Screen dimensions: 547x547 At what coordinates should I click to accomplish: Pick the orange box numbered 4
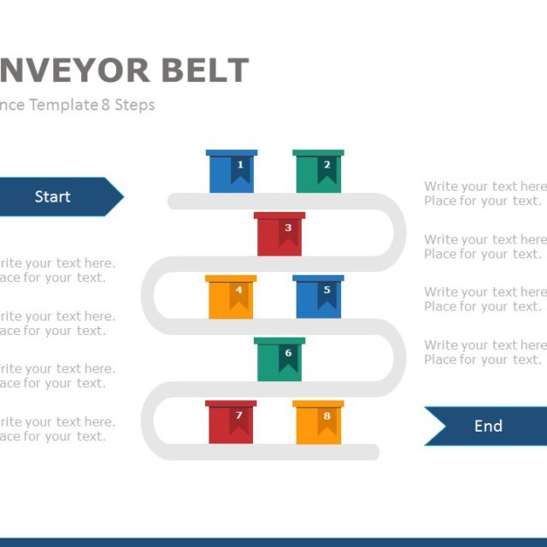tap(231, 297)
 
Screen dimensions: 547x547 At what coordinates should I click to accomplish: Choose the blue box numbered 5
tap(318, 297)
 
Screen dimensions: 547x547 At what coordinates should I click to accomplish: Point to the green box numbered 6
tap(279, 359)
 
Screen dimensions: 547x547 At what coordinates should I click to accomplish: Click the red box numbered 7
tap(231, 422)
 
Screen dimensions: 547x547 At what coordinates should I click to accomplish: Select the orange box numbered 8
tap(318, 422)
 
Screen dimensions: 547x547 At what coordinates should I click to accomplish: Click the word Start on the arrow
tap(52, 197)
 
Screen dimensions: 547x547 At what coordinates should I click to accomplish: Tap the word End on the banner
tap(488, 426)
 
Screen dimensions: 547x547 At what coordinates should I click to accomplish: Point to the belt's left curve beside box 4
tap(148, 296)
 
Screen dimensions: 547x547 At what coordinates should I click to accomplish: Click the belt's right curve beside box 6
tap(398, 358)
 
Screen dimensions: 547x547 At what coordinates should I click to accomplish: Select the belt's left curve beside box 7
tap(148, 421)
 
